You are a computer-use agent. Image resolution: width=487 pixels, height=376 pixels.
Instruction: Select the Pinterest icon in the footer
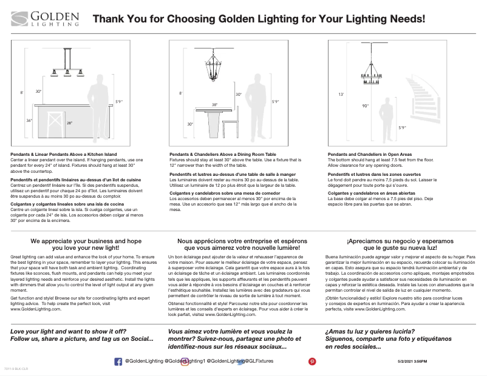point(313,361)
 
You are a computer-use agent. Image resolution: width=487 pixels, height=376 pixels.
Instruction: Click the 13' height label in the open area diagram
point(341,95)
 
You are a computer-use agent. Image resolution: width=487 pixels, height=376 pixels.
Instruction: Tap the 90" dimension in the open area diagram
point(365,106)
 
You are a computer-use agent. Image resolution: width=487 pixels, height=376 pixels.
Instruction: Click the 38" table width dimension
point(214,104)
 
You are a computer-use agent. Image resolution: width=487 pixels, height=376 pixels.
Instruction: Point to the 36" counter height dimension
point(30,120)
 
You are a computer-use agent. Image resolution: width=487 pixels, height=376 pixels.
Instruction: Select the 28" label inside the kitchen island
point(69,123)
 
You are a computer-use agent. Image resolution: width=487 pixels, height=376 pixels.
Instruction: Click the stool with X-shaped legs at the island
point(53,124)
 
